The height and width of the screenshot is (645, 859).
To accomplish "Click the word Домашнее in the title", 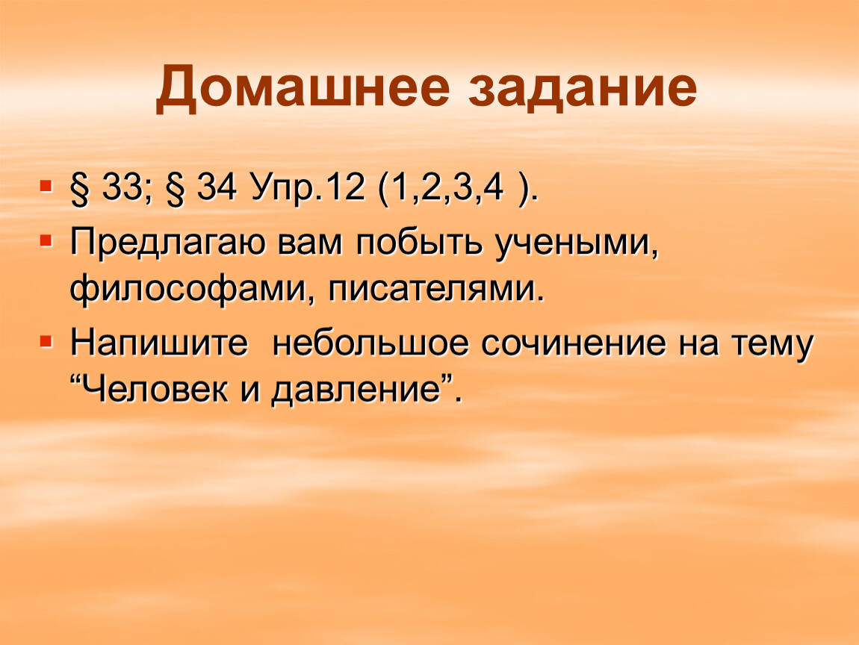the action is pos(303,87).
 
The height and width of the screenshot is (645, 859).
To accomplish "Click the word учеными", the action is pos(577,244).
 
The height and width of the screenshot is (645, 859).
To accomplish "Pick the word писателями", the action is pos(436,290).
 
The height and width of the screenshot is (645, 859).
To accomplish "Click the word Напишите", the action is pos(159,343).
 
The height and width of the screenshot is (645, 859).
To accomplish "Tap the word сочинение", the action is pos(574,343).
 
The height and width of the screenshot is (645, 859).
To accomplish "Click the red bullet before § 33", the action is pos(47,186).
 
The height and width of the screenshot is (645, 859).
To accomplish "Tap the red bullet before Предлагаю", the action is pos(47,240).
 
